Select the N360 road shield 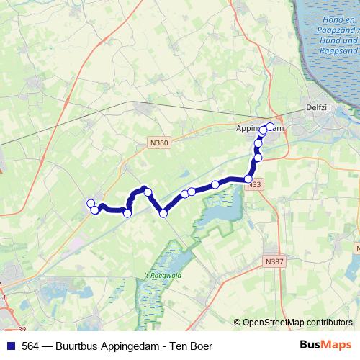coord(160,143)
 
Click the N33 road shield coord(253,185)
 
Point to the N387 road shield coord(273,261)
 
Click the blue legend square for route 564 coord(11,345)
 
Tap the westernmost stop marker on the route coord(90,203)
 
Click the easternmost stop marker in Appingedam coord(271,127)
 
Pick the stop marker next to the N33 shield coord(249,179)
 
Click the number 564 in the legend coord(31,345)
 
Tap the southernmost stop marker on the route coord(163,213)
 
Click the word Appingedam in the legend coord(138,345)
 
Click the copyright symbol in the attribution coord(238,323)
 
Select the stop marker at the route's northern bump coord(147,192)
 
